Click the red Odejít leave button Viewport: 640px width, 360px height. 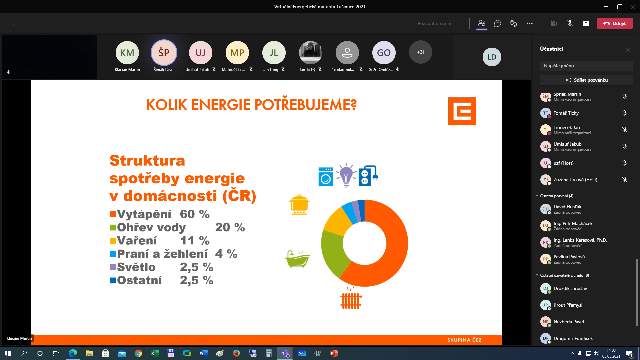(x=614, y=23)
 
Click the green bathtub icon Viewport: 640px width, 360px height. (x=298, y=259)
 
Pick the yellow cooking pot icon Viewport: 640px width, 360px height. (x=299, y=205)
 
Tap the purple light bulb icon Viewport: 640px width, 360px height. (x=346, y=175)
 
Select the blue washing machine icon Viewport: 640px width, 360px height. (x=325, y=176)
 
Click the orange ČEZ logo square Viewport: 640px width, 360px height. (x=462, y=111)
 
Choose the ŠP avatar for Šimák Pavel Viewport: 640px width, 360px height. (x=164, y=52)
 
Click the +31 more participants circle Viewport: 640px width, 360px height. (x=420, y=52)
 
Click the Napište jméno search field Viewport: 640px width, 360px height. (x=586, y=66)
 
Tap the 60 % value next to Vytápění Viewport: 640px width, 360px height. (x=195, y=214)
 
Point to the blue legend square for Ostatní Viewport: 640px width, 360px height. (x=113, y=280)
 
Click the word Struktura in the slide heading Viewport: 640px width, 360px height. (x=147, y=161)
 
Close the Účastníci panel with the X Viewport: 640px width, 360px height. (x=628, y=50)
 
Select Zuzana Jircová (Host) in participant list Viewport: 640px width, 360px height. (x=575, y=180)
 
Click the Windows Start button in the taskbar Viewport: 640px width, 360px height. (x=8, y=353)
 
